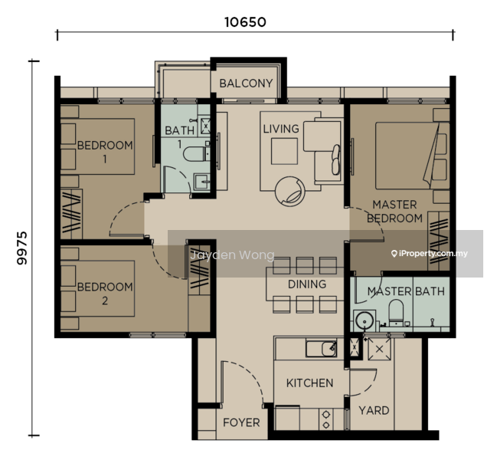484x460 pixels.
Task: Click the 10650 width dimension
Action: [245, 22]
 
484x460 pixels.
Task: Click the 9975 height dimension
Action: [22, 248]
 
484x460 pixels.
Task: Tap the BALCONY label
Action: [246, 83]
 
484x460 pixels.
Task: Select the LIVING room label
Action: [281, 129]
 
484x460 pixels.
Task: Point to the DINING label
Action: [307, 284]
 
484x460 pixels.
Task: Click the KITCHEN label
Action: [309, 383]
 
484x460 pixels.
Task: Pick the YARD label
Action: [374, 411]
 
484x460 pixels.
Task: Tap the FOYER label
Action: [241, 422]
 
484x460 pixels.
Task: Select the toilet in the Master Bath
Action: [396, 311]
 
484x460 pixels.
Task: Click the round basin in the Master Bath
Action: [365, 320]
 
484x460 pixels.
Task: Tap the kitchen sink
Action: [321, 349]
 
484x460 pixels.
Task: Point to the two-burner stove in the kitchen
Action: [326, 419]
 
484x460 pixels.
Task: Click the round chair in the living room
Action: [289, 192]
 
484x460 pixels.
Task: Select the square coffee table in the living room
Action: [284, 151]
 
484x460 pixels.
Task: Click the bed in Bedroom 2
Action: [97, 288]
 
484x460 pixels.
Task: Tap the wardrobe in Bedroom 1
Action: [71, 214]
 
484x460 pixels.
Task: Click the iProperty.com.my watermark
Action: [430, 254]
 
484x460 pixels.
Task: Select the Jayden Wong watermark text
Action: [232, 255]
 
